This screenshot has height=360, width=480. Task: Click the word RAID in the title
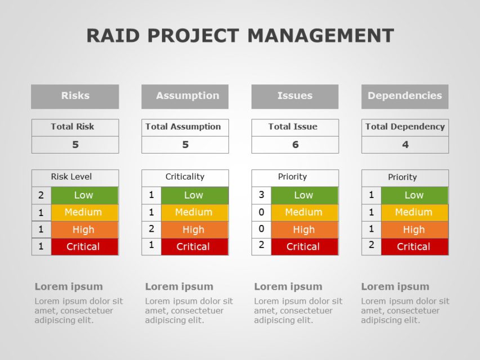[114, 35]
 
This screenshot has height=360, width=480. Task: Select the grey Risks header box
[75, 96]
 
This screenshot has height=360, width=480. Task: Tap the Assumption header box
[185, 96]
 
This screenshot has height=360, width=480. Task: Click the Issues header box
[295, 96]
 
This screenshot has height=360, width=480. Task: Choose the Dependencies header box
[405, 96]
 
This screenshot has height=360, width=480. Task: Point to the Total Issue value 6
[295, 145]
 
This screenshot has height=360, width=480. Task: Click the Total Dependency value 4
[405, 145]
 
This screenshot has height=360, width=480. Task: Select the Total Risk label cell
[75, 127]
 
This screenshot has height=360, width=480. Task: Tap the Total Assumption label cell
[185, 127]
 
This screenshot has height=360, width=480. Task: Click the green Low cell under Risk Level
[84, 195]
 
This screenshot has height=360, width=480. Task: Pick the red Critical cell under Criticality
[194, 246]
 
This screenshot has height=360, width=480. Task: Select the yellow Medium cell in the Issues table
[304, 212]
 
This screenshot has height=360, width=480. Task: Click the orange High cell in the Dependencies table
[414, 229]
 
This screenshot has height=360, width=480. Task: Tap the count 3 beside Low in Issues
[261, 195]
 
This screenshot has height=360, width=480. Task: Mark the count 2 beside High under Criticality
[151, 229]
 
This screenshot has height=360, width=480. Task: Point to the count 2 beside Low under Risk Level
[41, 196]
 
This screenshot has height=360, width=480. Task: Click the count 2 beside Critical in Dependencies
[371, 246]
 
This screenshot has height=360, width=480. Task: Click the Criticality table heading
[185, 177]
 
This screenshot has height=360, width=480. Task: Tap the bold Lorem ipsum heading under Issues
[288, 286]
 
